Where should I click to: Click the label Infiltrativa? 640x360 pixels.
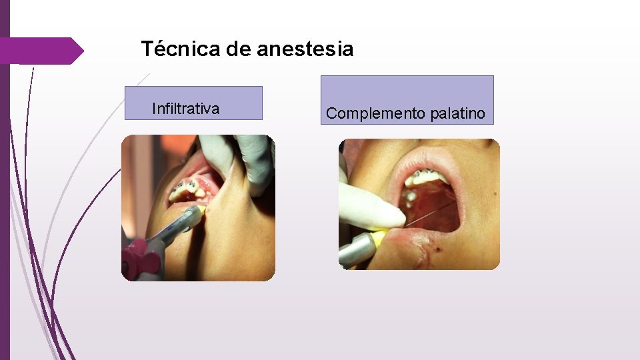[185, 109]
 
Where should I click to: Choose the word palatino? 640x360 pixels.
[458, 114]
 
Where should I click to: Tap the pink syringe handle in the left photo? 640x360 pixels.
[139, 257]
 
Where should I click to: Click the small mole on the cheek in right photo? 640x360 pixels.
[494, 194]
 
